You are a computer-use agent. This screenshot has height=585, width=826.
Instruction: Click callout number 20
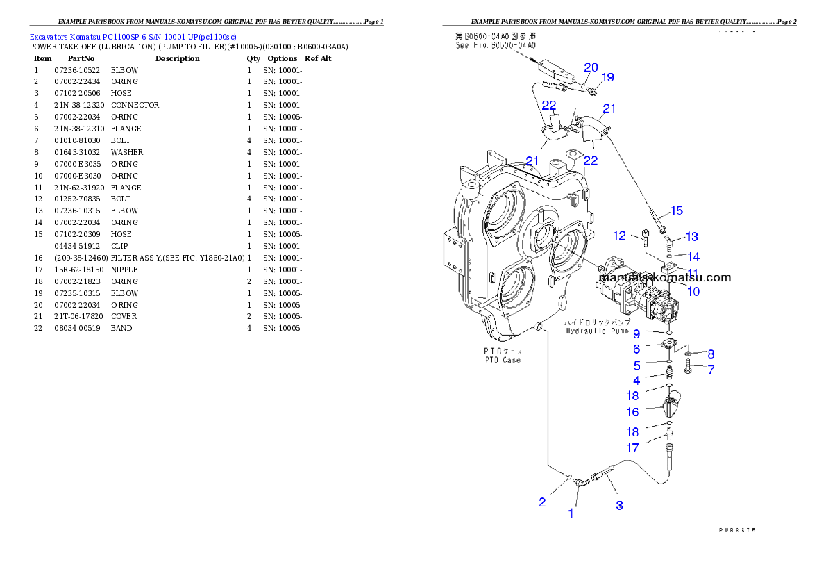click(x=591, y=67)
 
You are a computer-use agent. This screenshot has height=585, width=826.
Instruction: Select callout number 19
click(x=607, y=77)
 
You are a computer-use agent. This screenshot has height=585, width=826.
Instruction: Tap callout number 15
click(x=676, y=210)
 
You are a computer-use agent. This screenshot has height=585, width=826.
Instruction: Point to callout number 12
click(x=619, y=236)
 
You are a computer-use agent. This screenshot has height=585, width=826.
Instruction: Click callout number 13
click(x=691, y=238)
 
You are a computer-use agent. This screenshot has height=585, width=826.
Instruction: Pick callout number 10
click(x=693, y=291)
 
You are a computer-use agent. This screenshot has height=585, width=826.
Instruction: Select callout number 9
click(x=636, y=334)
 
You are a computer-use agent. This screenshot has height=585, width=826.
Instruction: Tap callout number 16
click(x=632, y=412)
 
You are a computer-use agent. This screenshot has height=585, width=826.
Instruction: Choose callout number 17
click(x=632, y=448)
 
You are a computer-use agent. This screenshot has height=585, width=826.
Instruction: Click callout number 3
click(x=619, y=505)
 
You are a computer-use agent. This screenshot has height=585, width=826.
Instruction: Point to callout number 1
click(x=571, y=514)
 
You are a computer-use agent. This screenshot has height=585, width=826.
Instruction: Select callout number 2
click(x=543, y=502)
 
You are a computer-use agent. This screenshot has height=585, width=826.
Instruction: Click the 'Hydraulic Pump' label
click(x=596, y=331)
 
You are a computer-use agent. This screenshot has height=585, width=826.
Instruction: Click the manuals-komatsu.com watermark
click(x=664, y=277)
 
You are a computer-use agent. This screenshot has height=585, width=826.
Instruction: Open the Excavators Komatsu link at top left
click(x=133, y=37)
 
